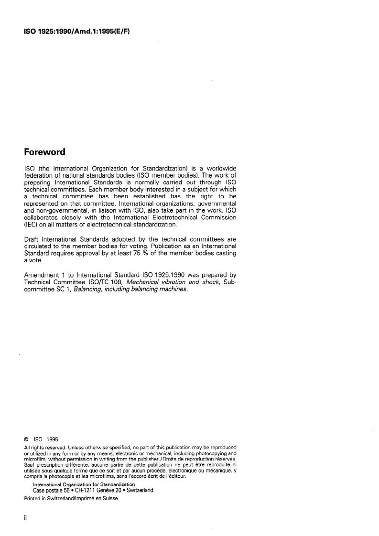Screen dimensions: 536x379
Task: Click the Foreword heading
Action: tap(44, 152)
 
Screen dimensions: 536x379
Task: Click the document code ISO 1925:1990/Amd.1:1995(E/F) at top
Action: tap(77, 32)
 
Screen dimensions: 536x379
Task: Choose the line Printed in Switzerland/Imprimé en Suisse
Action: tap(71, 498)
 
